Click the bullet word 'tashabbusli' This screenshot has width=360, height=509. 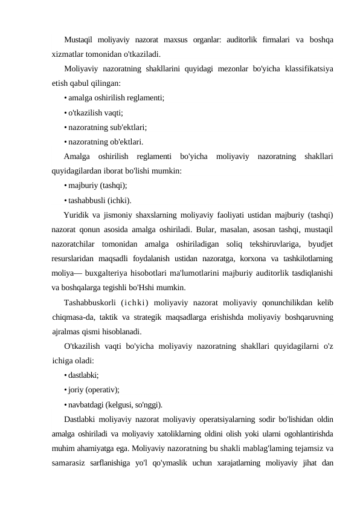click(x=89, y=200)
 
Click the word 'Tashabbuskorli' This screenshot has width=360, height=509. click(x=89, y=302)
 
